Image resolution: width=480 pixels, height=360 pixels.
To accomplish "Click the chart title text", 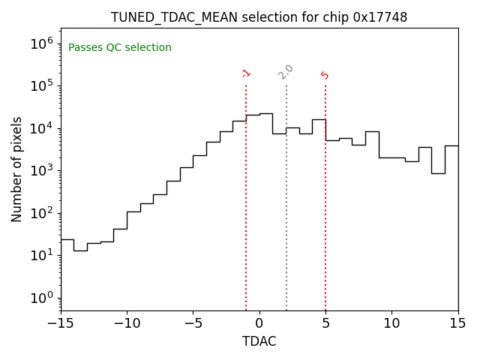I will [259, 17].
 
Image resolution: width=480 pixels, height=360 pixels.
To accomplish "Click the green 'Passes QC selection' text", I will [120, 48].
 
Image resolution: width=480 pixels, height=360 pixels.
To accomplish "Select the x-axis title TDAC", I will [259, 341].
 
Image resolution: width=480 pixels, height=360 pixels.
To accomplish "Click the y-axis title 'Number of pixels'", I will [17, 169].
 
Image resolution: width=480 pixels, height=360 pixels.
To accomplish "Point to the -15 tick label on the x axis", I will [61, 323].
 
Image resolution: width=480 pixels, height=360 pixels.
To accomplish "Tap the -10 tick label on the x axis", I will [127, 323].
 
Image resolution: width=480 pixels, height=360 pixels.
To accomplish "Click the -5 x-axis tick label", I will [193, 323].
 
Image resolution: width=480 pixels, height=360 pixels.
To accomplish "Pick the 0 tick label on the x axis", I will [259, 323].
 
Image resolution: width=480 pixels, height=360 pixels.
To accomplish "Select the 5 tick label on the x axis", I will [325, 323].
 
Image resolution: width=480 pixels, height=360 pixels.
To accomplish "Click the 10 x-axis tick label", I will [391, 323].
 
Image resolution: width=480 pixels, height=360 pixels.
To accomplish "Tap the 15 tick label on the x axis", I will [457, 323].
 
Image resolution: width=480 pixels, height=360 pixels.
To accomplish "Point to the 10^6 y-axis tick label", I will [41, 43].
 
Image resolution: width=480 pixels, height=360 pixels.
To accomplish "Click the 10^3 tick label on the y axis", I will [41, 170].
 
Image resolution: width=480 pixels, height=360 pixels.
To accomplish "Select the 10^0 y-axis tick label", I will [41, 298].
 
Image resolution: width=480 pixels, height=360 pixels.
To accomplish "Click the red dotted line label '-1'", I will [246, 73].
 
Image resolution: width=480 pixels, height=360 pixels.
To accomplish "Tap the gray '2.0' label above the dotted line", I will [286, 71].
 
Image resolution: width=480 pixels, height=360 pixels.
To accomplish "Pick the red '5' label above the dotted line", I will [325, 75].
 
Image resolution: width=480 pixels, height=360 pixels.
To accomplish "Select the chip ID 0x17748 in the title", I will [380, 17].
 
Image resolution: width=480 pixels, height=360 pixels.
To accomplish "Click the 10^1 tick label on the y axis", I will [41, 255].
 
